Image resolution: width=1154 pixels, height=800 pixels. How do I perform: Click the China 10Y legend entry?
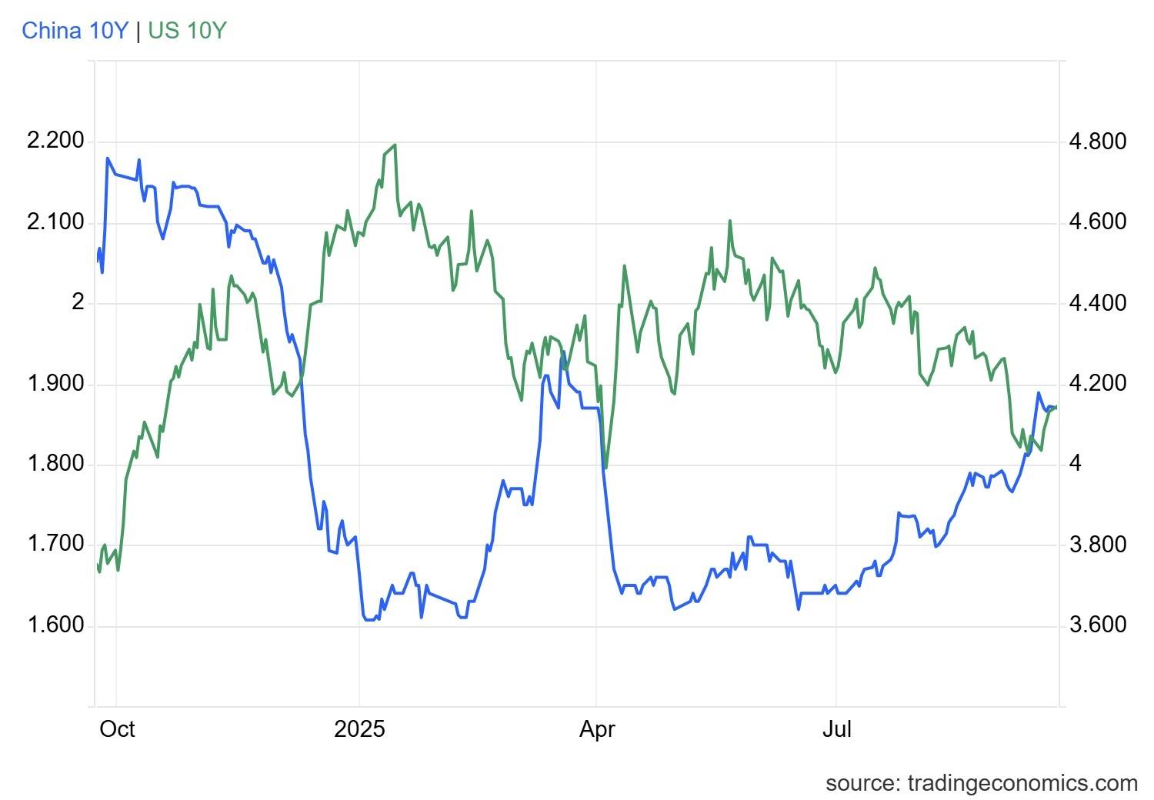click(75, 31)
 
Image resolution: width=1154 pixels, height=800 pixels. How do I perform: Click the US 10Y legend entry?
click(188, 31)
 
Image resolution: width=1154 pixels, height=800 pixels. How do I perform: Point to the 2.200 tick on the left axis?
click(55, 140)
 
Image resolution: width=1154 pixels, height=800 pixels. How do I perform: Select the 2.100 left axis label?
click(55, 222)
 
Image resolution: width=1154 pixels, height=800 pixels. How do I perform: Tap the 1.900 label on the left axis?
click(55, 383)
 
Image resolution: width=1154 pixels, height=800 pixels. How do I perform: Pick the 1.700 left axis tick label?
click(55, 544)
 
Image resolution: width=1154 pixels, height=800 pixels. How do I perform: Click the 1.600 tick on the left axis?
click(55, 625)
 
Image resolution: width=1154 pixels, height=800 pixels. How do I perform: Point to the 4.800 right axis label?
click(1098, 141)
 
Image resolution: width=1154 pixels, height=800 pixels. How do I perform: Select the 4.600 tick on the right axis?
click(1098, 222)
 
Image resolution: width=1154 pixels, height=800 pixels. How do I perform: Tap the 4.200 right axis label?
click(1098, 383)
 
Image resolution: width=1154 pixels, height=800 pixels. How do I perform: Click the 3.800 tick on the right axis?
click(1098, 545)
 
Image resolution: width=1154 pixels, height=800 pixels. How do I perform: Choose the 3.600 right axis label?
click(1098, 625)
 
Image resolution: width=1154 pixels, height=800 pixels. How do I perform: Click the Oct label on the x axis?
click(117, 729)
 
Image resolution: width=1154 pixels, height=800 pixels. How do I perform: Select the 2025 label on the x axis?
click(359, 729)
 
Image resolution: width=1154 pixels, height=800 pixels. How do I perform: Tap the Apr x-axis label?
click(597, 730)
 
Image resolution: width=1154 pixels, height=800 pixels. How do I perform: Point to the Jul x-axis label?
click(837, 729)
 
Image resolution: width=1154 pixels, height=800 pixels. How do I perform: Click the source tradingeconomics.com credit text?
click(982, 784)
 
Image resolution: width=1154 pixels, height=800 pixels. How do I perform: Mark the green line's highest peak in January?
click(395, 145)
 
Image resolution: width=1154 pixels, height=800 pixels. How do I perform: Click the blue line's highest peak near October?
click(108, 158)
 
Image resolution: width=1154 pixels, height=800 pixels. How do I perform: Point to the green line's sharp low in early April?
click(606, 468)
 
